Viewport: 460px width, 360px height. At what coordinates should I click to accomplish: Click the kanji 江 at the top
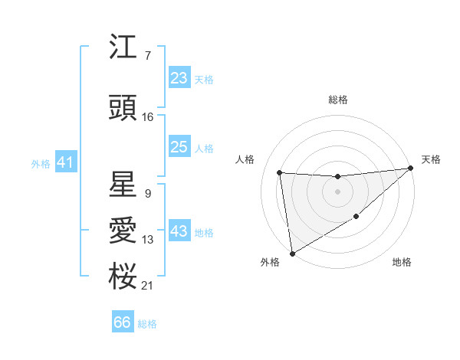(x=122, y=48)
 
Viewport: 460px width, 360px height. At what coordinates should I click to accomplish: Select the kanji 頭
(x=122, y=110)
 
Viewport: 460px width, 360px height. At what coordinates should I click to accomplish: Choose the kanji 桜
(x=122, y=277)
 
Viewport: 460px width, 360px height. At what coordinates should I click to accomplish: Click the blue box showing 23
(x=179, y=78)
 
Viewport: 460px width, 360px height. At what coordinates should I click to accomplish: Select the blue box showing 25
(x=179, y=147)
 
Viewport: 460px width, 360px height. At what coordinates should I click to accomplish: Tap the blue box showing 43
(x=179, y=231)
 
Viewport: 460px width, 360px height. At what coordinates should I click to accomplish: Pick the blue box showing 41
(x=65, y=162)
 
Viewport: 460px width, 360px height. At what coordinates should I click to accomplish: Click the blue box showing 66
(x=123, y=322)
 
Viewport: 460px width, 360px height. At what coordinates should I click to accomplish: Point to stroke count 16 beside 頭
(x=148, y=116)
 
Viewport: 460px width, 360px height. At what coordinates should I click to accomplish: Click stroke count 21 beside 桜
(x=148, y=285)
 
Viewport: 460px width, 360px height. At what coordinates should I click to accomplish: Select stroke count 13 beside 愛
(x=148, y=240)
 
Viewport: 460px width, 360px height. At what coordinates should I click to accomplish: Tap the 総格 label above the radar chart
(x=337, y=100)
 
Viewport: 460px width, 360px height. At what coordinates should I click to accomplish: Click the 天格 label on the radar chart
(x=431, y=159)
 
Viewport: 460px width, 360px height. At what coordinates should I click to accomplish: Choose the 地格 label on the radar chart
(x=402, y=262)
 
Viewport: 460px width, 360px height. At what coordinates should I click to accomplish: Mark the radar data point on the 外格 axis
(x=291, y=254)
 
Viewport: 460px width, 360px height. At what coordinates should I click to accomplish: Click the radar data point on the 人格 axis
(x=280, y=172)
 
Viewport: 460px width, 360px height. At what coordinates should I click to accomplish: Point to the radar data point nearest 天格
(x=409, y=169)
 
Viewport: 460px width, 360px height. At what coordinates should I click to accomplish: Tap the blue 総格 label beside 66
(x=147, y=324)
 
